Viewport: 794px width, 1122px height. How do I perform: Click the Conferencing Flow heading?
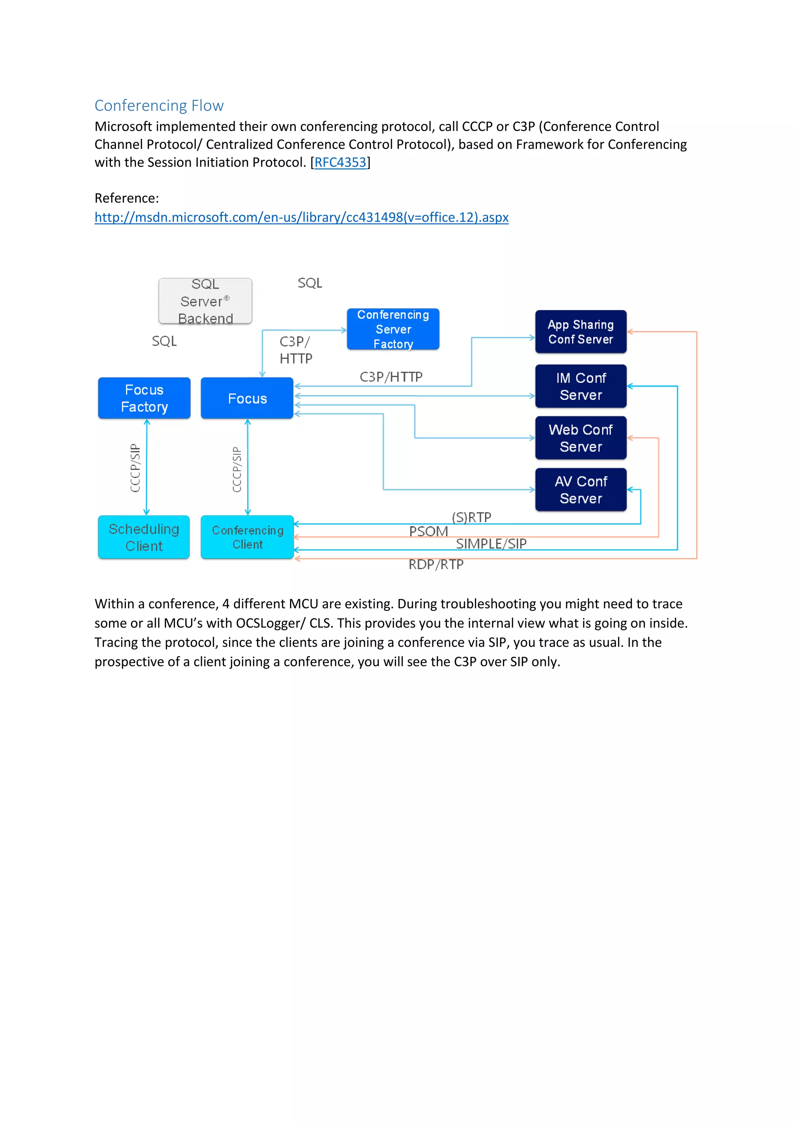coord(159,105)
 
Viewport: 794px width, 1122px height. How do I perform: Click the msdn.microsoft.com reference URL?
coord(301,217)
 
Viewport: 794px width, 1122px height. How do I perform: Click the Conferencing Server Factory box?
coord(393,329)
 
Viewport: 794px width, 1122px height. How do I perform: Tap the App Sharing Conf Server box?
coord(580,332)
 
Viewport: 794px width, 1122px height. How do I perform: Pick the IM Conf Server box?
coord(580,386)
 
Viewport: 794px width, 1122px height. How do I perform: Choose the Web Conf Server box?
coord(580,438)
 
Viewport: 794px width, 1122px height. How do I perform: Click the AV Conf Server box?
coord(580,490)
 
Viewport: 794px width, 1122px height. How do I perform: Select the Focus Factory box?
coord(144,398)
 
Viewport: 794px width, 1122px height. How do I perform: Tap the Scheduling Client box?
coord(144,537)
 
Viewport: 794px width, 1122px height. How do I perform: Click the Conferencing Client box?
coord(247,537)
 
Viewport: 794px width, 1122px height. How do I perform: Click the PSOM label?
coord(428,531)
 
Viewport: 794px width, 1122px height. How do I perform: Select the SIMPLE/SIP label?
coord(491,544)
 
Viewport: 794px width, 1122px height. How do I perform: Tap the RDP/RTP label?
coord(436,564)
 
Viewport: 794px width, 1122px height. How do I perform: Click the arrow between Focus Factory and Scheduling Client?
coord(147,467)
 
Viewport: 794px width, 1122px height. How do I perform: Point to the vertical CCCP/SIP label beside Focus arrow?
coord(236,469)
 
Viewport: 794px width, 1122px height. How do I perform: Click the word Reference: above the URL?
coord(127,198)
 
